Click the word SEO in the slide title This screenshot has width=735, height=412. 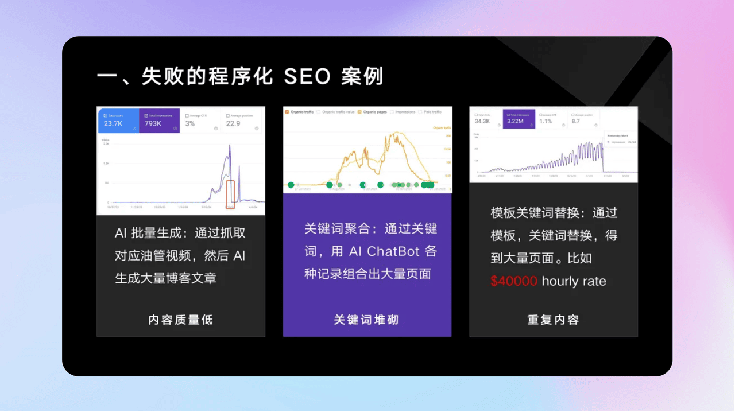click(307, 77)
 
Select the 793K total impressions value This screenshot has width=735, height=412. click(153, 123)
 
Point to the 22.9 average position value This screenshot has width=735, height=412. click(233, 123)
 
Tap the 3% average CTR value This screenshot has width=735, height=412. click(189, 123)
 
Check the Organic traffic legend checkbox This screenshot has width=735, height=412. click(287, 112)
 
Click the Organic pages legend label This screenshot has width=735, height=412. click(375, 112)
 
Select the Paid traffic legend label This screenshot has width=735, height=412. click(432, 112)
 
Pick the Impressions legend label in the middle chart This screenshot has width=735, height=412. click(405, 112)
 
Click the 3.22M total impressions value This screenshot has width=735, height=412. click(516, 121)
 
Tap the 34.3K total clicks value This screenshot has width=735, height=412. click(482, 121)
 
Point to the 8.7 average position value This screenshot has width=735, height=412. click(575, 121)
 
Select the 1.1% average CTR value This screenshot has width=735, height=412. click(546, 121)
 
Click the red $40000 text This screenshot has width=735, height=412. click(514, 281)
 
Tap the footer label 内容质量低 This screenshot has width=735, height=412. click(180, 320)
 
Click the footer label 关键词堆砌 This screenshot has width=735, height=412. click(366, 320)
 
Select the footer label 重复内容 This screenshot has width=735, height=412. click(553, 320)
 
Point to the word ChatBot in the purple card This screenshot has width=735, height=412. click(393, 251)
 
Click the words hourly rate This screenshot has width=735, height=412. click(574, 281)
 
